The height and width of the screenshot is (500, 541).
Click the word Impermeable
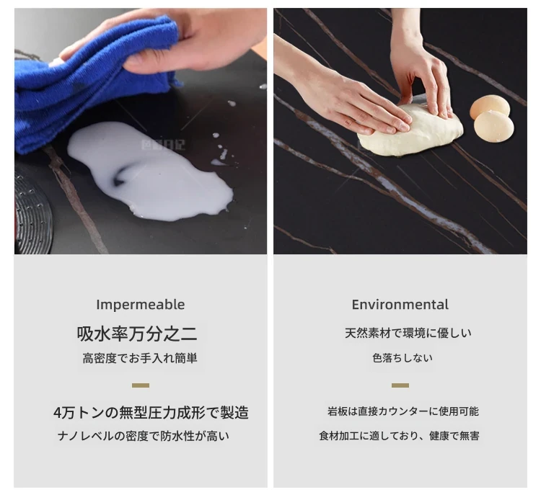[x=141, y=305]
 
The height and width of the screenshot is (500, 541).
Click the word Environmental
[x=400, y=305]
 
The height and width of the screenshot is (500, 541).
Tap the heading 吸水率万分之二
[x=137, y=334]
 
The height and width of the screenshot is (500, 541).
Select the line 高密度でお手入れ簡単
[x=140, y=358]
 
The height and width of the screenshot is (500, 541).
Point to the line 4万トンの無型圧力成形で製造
[x=151, y=412]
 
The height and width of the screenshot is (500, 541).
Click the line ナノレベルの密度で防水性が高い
[x=144, y=437]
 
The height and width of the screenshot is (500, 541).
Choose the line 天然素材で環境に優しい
[x=408, y=334]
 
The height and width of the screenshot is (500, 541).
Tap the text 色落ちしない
[x=403, y=358]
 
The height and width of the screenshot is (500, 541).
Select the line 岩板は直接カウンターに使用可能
[x=403, y=411]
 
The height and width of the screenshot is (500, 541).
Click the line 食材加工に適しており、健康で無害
[x=399, y=437]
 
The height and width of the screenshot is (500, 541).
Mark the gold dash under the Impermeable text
[x=141, y=385]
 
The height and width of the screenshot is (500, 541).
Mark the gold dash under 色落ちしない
[x=400, y=385]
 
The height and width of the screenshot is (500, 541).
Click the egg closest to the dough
[x=493, y=127]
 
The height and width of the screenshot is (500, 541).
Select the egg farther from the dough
[x=490, y=106]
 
